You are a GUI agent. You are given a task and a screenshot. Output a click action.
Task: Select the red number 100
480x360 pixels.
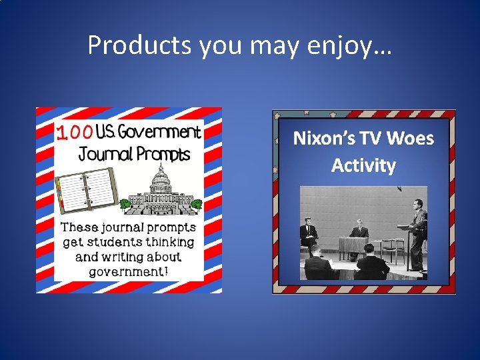click(x=75, y=133)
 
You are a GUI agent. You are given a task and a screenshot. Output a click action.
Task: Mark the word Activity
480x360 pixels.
click(x=363, y=165)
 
